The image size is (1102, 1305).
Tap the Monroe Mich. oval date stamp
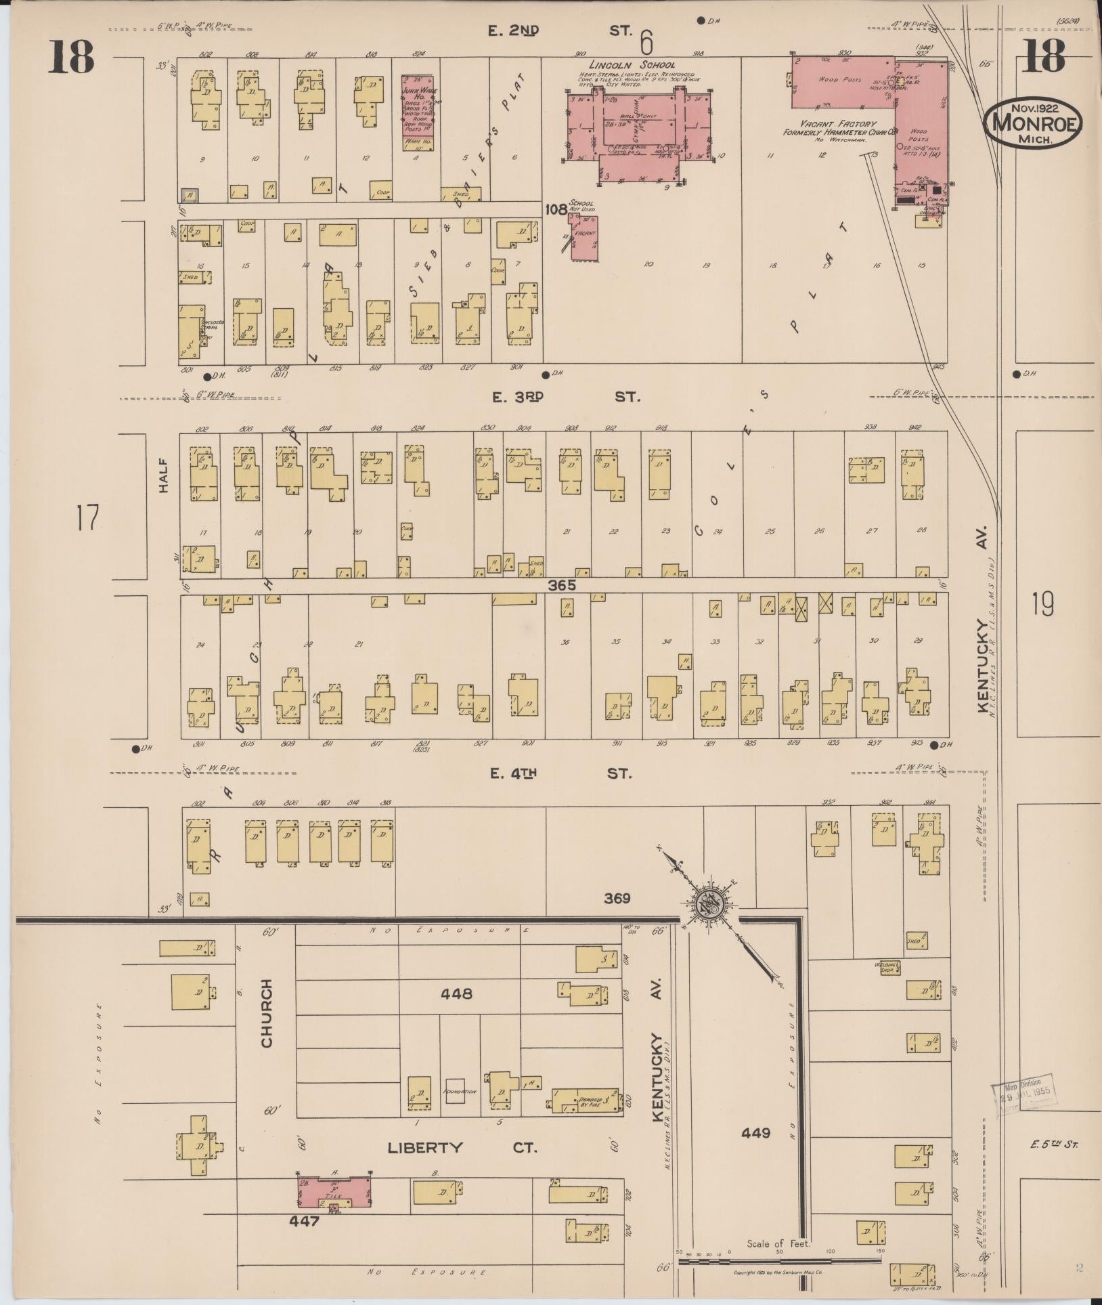coord(1033,123)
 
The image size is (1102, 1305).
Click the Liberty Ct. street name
coord(462,1148)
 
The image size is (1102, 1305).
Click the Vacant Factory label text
coord(829,125)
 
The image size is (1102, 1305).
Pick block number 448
coord(456,994)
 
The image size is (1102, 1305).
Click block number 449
coord(755,1132)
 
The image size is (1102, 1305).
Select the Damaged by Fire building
coord(585,1100)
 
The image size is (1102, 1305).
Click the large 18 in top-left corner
coord(70,57)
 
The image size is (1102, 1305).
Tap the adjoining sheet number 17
coord(87,518)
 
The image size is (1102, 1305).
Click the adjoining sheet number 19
coord(1043,604)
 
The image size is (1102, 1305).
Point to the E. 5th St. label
coord(1054,1145)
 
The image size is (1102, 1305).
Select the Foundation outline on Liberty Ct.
coord(455,1092)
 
